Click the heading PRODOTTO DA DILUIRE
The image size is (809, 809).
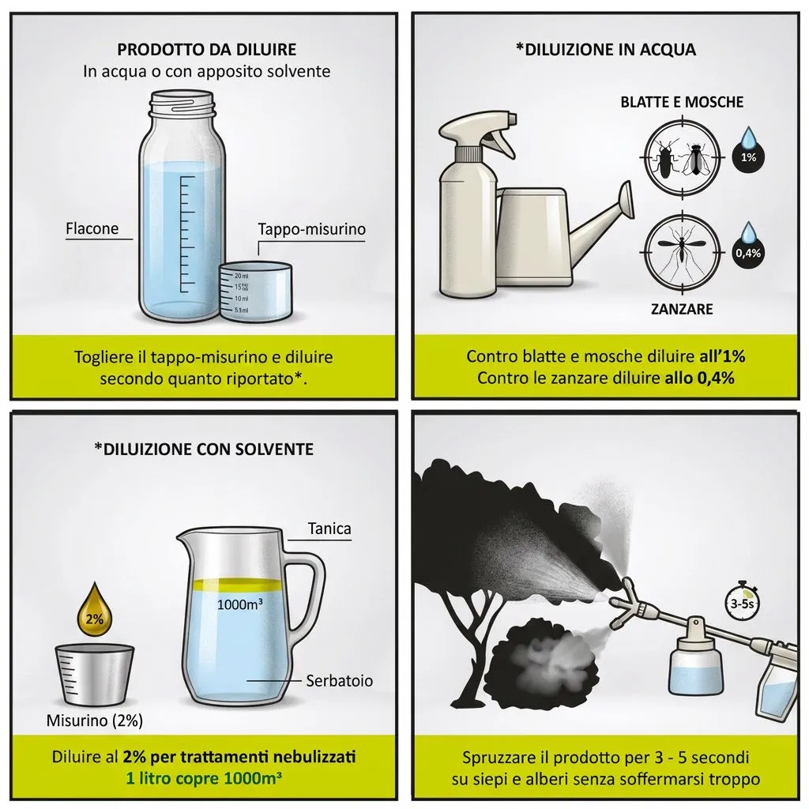click(206, 50)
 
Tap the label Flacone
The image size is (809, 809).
click(92, 228)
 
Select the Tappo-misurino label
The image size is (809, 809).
click(311, 230)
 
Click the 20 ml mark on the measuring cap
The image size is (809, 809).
click(241, 276)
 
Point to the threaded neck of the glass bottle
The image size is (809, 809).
click(181, 103)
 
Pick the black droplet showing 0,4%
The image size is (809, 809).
click(748, 247)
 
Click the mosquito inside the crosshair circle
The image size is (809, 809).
click(682, 250)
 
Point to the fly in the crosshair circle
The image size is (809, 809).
click(696, 157)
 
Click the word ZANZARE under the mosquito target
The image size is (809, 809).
click(682, 309)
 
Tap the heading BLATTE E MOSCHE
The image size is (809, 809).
click(682, 102)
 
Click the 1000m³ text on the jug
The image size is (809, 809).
click(239, 604)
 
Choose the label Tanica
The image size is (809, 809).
click(329, 529)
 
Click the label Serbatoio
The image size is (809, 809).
click(339, 681)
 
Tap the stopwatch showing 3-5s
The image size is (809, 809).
click(742, 600)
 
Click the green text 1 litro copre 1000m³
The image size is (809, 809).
click(205, 778)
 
